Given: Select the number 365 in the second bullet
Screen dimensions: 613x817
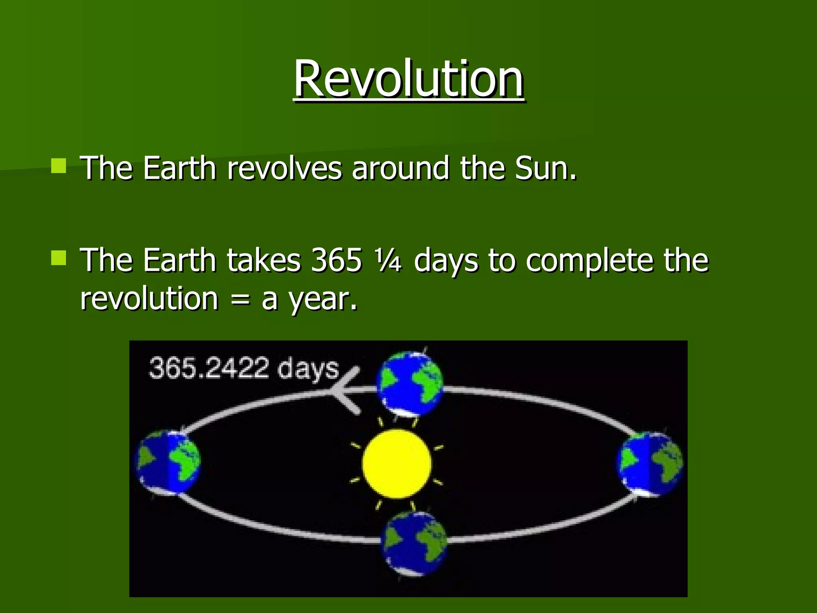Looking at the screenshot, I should [336, 260].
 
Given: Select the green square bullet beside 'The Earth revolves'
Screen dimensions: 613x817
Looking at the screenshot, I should [59, 166].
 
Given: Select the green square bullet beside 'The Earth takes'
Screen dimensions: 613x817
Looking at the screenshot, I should [59, 258].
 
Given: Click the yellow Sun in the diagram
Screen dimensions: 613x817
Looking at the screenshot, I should [397, 464].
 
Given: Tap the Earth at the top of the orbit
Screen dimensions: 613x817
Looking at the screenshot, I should [410, 384].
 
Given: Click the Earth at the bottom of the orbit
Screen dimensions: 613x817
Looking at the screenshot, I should [413, 544].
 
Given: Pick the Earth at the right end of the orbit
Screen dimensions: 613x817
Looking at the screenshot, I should [650, 464].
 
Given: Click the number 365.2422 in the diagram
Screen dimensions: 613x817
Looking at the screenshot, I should [209, 368].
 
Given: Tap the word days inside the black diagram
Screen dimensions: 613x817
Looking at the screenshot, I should [308, 370].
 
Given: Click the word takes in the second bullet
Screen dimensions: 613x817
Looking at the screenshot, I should [264, 260].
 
